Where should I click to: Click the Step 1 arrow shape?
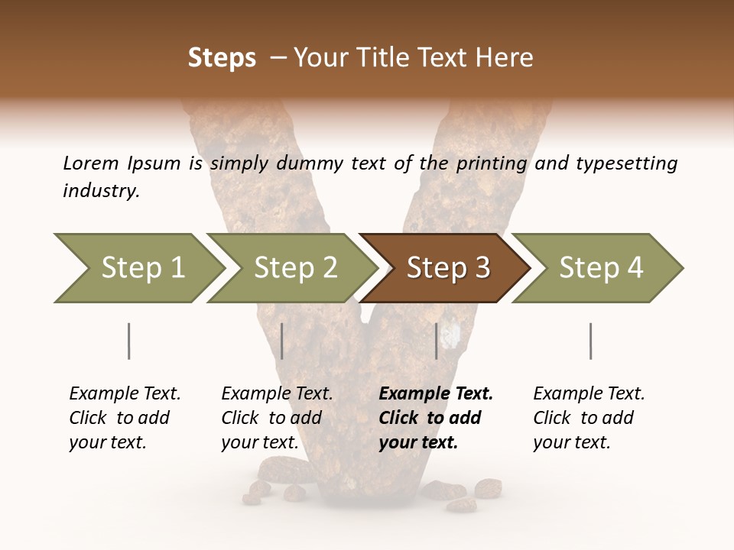tap(138, 268)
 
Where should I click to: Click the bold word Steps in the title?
tap(222, 58)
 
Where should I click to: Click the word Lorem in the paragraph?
tap(90, 163)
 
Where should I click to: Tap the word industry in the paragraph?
tap(100, 191)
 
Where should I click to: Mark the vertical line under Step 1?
tap(129, 341)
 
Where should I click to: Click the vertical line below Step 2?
tap(282, 341)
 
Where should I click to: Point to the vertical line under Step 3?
tap(436, 341)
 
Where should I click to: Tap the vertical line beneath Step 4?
tap(590, 341)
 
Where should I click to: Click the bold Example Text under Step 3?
tap(436, 393)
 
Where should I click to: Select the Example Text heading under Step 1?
tap(125, 393)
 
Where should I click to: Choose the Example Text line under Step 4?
tap(589, 393)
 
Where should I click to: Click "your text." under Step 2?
tap(260, 442)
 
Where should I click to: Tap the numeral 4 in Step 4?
tap(634, 268)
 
